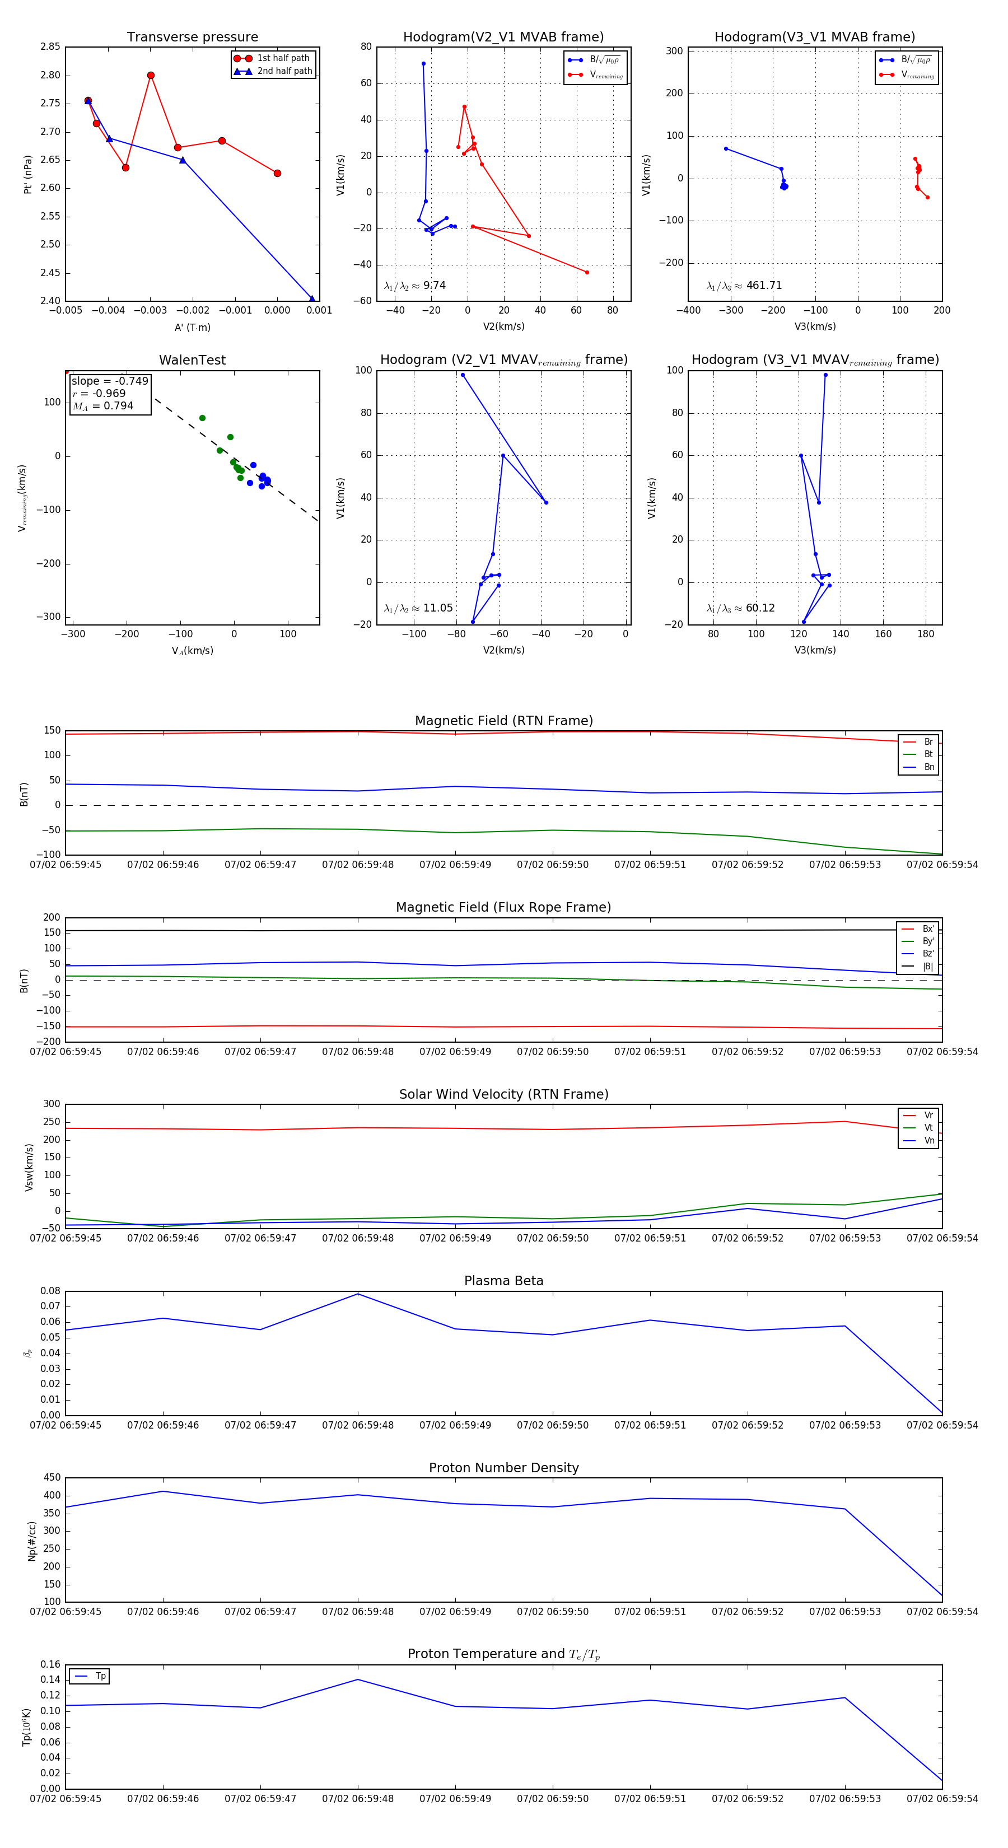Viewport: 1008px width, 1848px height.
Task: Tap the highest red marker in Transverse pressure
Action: [x=151, y=76]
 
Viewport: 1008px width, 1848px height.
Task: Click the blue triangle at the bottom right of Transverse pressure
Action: [x=312, y=298]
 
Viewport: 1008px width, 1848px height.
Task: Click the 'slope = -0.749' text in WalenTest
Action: [x=110, y=381]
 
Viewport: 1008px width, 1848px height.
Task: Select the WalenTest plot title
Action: [x=192, y=360]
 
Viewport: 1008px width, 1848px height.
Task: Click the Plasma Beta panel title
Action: [x=503, y=1281]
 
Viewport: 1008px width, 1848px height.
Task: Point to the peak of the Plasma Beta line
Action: [x=358, y=1294]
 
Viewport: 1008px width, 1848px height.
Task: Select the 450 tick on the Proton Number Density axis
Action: [x=53, y=1478]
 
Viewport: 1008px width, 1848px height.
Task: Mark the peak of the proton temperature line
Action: [x=358, y=1679]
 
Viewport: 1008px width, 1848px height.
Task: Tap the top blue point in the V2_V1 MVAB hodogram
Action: [x=423, y=64]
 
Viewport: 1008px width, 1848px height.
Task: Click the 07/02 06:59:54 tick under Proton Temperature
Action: [x=941, y=1799]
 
